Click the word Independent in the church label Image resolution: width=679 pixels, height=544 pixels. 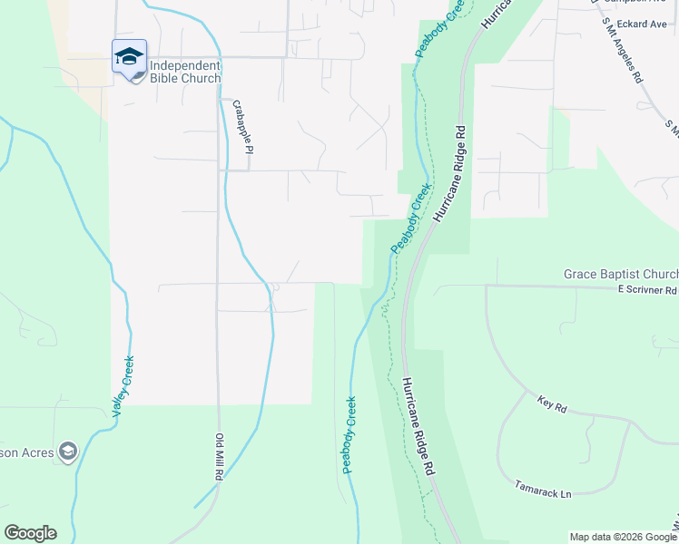point(184,65)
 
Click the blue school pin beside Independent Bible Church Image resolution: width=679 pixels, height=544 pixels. point(129,57)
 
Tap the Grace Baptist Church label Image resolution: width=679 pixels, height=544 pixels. point(620,274)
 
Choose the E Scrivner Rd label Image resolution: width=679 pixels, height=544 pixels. point(647,290)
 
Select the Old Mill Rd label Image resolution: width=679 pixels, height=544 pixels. point(219,457)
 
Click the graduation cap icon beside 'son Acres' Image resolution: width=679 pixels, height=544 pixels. point(68,450)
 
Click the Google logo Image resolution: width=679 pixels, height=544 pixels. point(30,533)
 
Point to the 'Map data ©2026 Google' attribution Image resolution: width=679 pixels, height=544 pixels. point(623,537)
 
